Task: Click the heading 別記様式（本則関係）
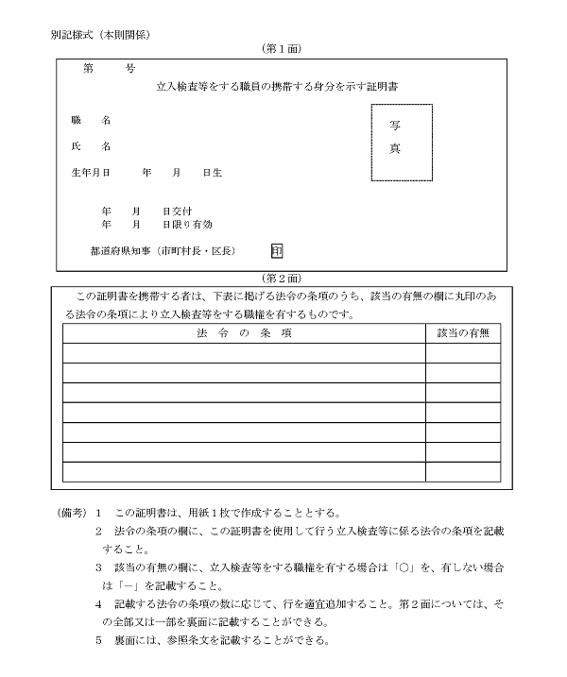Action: click(x=102, y=34)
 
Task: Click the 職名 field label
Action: click(x=91, y=121)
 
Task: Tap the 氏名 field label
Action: click(x=91, y=147)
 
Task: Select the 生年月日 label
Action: click(x=92, y=174)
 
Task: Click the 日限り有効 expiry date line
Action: click(x=156, y=226)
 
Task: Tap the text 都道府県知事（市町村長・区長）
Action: click(x=163, y=251)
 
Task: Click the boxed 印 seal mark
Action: click(x=276, y=251)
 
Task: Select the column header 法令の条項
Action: click(x=243, y=333)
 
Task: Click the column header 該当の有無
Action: click(x=462, y=333)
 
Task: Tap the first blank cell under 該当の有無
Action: click(x=462, y=353)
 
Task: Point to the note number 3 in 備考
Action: click(x=98, y=567)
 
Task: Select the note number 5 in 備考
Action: click(x=98, y=641)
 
